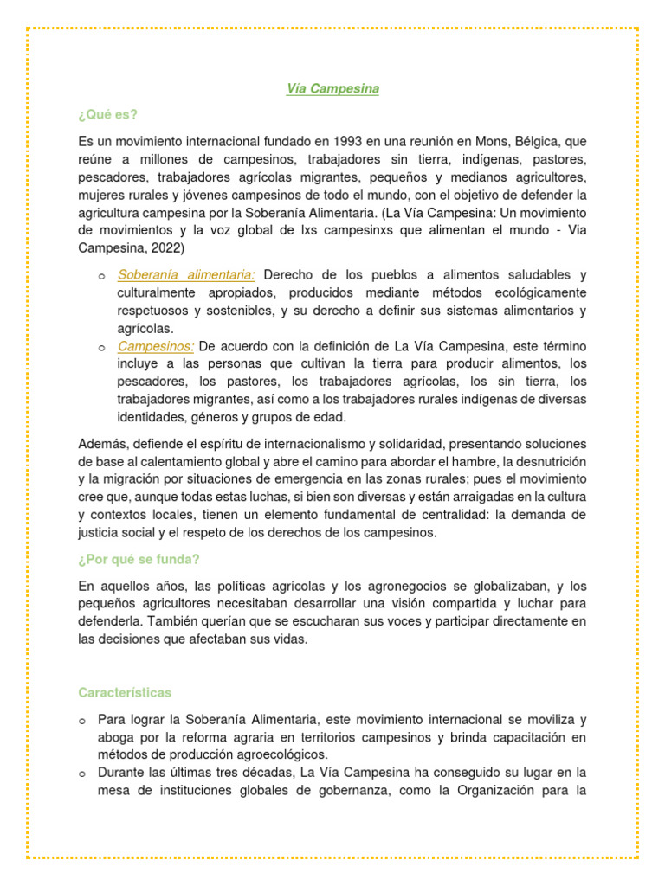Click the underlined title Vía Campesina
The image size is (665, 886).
[332, 88]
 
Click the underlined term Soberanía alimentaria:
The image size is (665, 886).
[185, 275]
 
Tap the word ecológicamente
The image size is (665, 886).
[533, 292]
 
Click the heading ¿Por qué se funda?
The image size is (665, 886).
[139, 559]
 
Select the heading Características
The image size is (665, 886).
[125, 692]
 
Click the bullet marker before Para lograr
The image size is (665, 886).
[81, 720]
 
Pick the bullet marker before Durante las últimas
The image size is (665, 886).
[81, 773]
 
